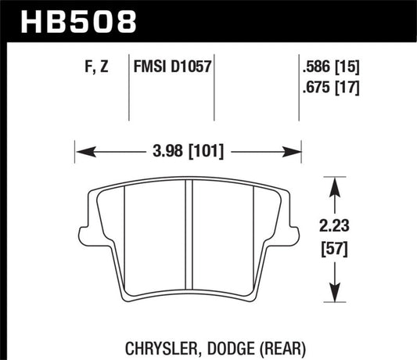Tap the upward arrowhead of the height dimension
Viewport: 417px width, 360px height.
pos(336,184)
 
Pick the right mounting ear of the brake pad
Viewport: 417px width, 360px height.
pos(291,235)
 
